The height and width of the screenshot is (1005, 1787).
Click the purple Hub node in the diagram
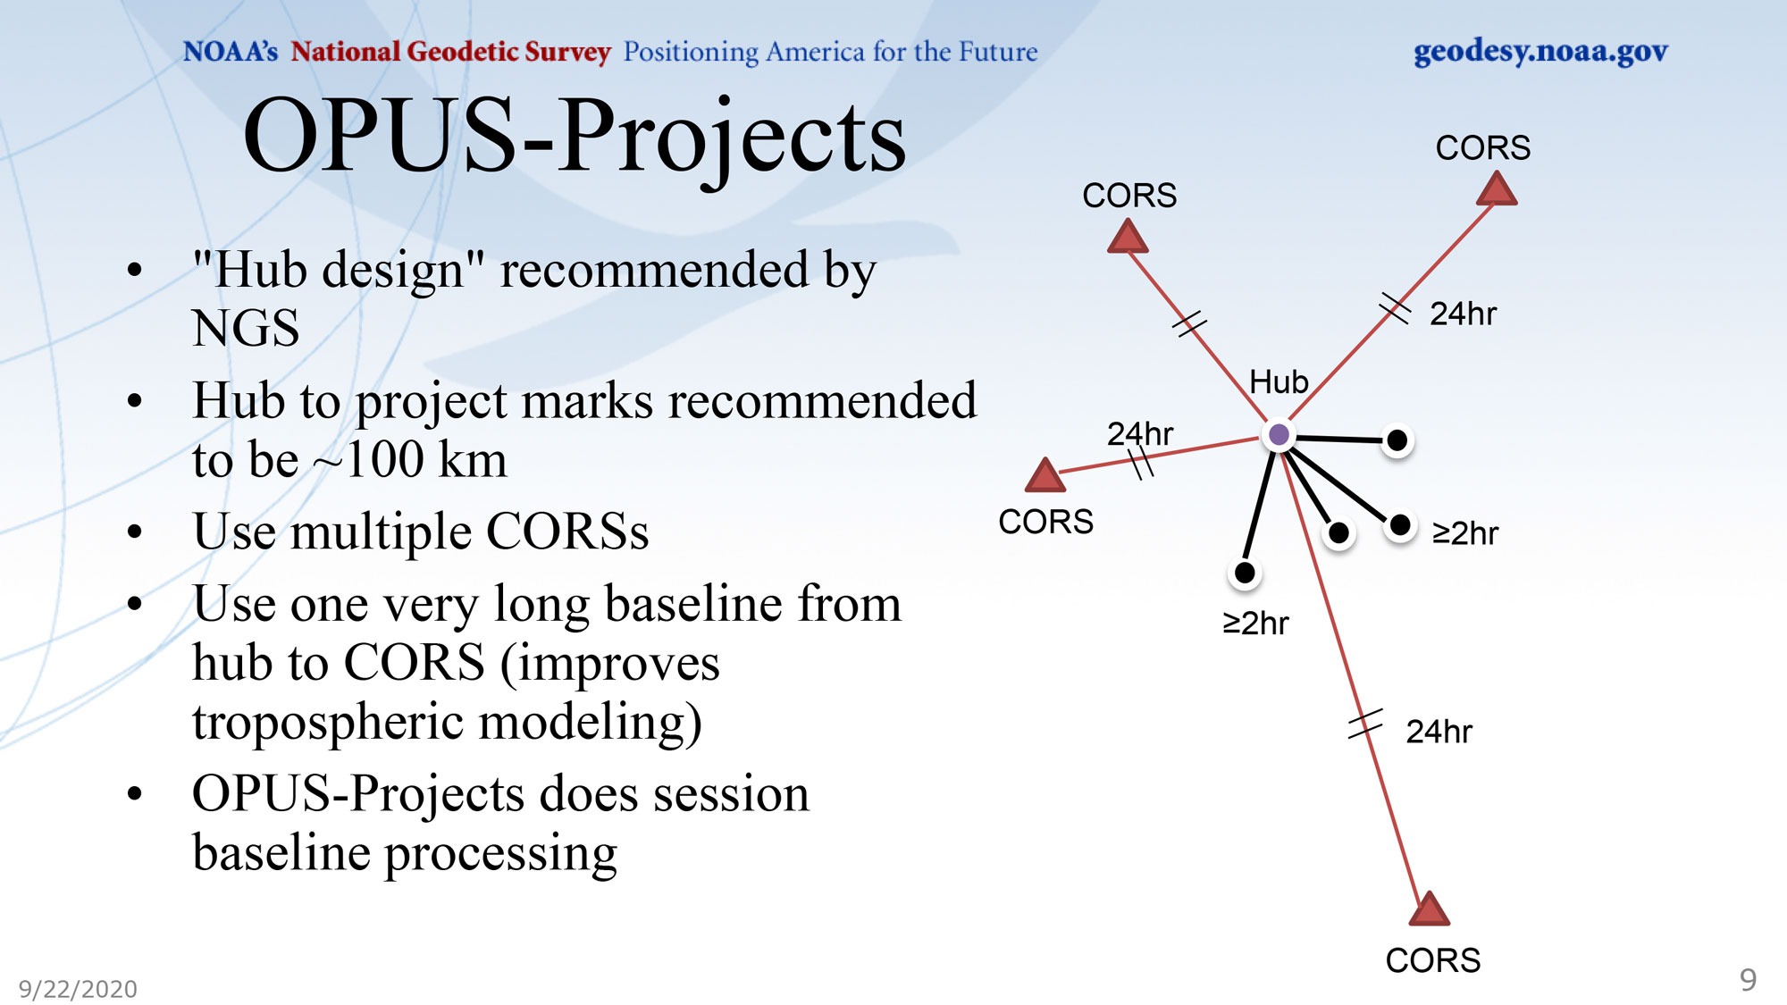click(x=1279, y=435)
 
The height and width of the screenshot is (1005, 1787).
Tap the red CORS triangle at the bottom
click(x=1429, y=909)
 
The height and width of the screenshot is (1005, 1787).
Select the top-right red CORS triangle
click(x=1497, y=189)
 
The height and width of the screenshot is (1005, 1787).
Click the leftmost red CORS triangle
click(x=1045, y=476)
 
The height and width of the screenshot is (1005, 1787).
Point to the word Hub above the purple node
click(x=1279, y=382)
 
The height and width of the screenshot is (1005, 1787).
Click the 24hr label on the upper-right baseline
click(x=1463, y=314)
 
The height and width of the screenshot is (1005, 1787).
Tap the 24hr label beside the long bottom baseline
click(x=1439, y=732)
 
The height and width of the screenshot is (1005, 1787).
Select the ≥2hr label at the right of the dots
click(x=1465, y=533)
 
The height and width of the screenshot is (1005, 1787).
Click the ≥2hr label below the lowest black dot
click(x=1255, y=623)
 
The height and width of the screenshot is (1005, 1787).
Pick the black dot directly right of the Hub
click(x=1397, y=440)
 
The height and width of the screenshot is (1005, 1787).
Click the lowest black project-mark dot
click(x=1245, y=573)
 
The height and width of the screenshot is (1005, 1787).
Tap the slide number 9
click(x=1748, y=980)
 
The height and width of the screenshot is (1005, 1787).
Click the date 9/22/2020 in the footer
click(x=78, y=989)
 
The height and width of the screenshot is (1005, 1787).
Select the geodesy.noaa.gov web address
click(x=1540, y=52)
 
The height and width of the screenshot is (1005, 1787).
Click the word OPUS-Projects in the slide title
click(x=575, y=138)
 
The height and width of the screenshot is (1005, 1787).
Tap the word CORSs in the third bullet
click(x=567, y=532)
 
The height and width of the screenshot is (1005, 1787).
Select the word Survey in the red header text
click(x=567, y=53)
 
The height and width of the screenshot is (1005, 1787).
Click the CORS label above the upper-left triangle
click(x=1129, y=196)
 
